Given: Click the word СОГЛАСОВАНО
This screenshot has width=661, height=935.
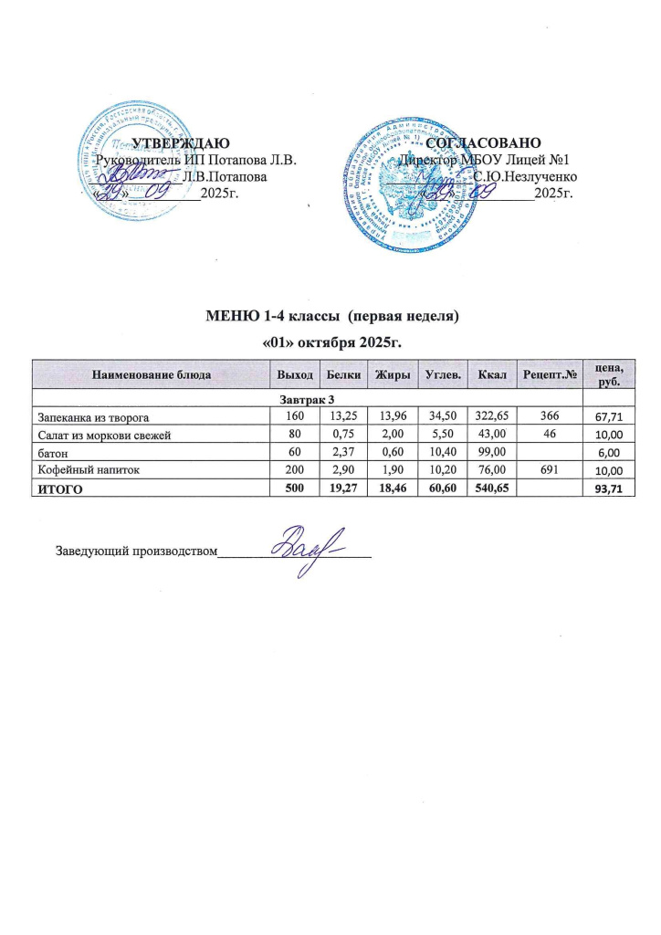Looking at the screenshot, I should pyautogui.click(x=484, y=142).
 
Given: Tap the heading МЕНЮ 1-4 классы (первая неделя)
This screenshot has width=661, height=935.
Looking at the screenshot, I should pyautogui.click(x=330, y=318).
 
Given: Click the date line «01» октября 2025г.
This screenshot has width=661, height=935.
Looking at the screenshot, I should pyautogui.click(x=331, y=342).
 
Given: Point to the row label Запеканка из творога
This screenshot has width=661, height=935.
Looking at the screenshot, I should pyautogui.click(x=91, y=416).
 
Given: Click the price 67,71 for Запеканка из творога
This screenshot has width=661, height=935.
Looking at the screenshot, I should pyautogui.click(x=609, y=417).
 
